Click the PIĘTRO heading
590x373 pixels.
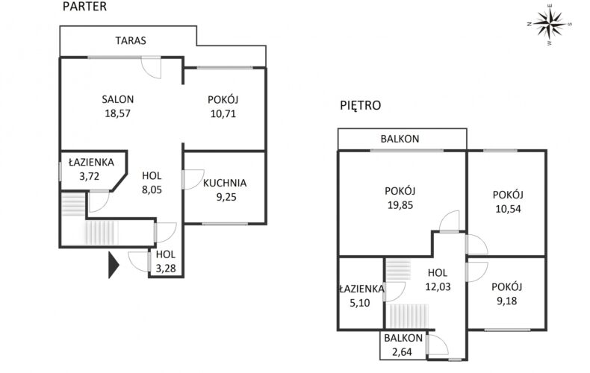click(360, 105)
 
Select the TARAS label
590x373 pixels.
click(131, 41)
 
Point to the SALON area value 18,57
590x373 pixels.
click(118, 113)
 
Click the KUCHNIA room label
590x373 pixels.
click(224, 182)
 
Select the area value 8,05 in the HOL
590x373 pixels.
click(152, 189)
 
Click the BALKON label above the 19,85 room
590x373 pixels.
click(400, 139)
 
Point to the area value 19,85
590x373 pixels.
click(402, 204)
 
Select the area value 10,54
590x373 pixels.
click(507, 209)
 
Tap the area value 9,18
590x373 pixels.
click(506, 300)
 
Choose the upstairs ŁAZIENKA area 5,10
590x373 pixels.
click(361, 303)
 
